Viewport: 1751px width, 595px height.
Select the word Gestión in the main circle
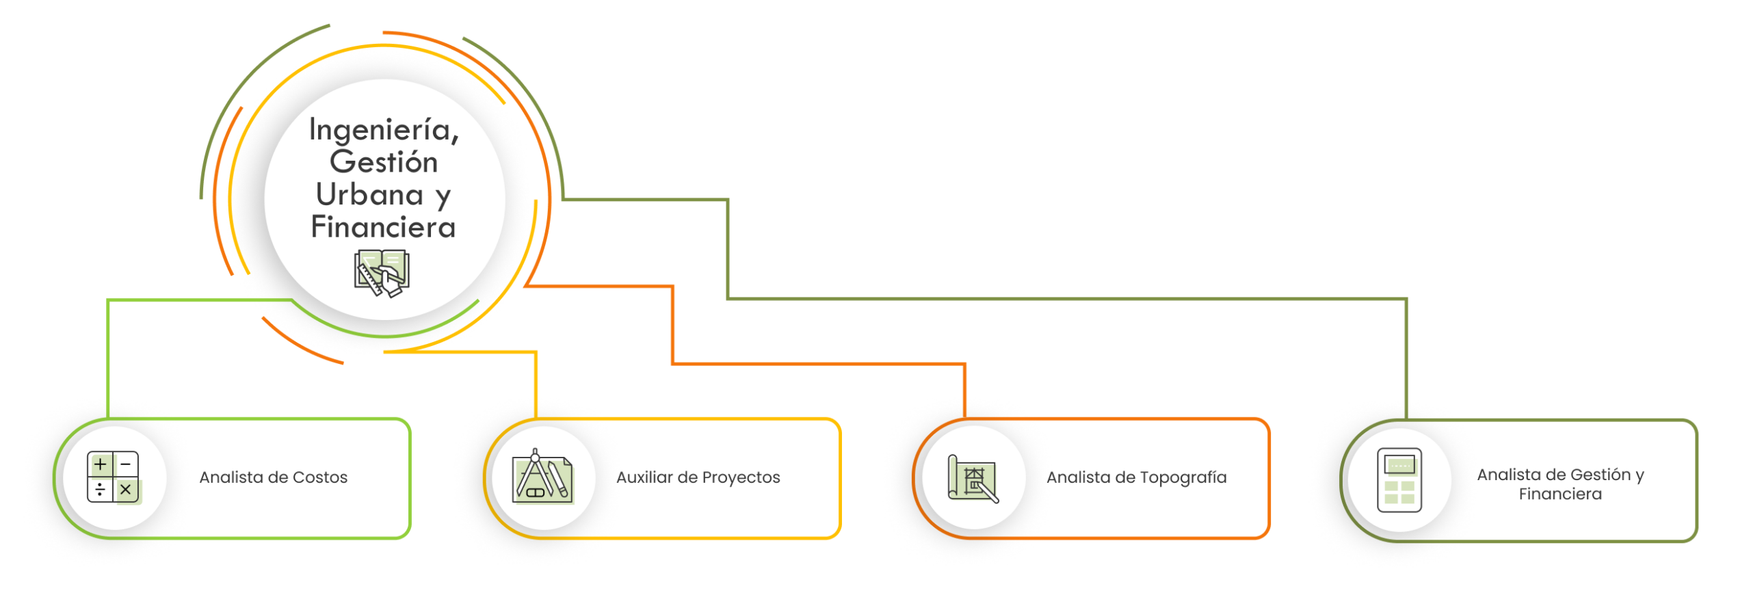(x=384, y=163)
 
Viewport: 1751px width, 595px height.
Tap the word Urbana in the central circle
(x=369, y=195)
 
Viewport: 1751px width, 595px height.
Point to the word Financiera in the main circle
(x=384, y=228)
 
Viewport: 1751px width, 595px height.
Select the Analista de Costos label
(x=274, y=477)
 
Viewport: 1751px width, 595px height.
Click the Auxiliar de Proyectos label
(x=698, y=477)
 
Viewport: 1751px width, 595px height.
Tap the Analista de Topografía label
(x=1137, y=477)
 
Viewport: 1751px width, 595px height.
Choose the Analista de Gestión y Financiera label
(x=1561, y=484)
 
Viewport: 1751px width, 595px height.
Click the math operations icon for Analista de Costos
(x=114, y=477)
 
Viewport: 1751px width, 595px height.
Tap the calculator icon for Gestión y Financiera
(x=1399, y=480)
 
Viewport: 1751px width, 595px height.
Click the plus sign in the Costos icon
(x=101, y=465)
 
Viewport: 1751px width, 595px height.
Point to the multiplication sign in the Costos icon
(x=126, y=490)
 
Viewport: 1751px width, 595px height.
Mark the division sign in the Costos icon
(x=101, y=490)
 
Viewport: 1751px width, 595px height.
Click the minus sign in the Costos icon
(x=126, y=465)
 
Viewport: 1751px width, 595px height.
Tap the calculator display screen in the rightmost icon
(x=1399, y=465)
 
